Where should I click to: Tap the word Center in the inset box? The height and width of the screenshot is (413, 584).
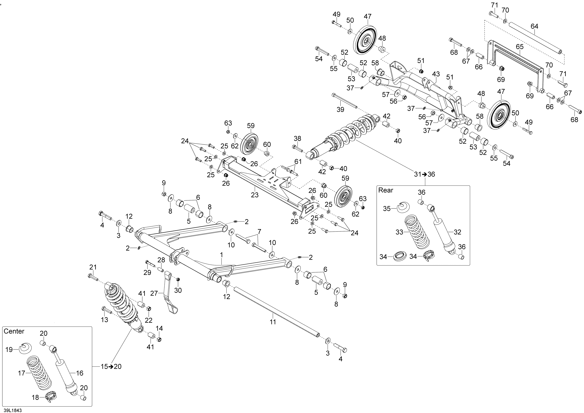(x=14, y=331)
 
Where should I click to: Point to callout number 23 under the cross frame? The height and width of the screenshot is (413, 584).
(x=255, y=195)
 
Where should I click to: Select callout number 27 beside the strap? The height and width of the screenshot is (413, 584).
(x=154, y=294)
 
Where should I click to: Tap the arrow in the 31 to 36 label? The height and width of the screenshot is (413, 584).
(x=424, y=174)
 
